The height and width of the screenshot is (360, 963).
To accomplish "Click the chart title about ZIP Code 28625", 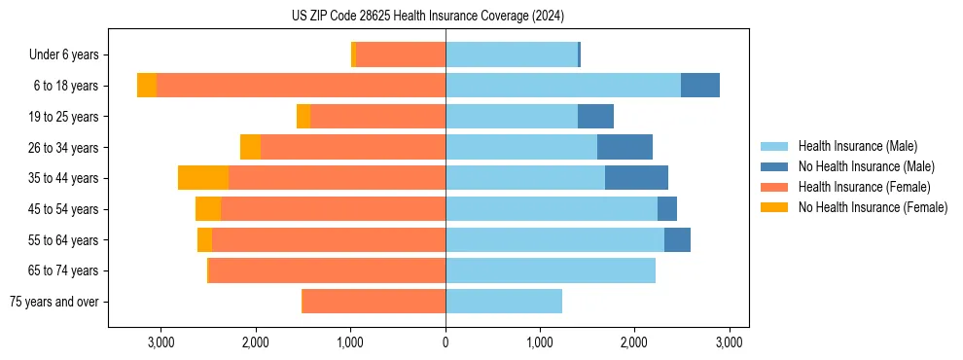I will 427,16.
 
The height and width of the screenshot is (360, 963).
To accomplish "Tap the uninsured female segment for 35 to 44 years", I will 203,178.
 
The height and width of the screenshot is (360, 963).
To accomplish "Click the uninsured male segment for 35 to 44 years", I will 636,178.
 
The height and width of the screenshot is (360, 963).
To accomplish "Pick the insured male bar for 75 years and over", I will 504,302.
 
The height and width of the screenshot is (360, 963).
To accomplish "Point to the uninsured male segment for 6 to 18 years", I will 699,86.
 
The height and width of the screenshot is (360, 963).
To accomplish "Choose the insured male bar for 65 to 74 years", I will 551,270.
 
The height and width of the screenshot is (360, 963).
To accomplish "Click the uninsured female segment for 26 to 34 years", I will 250,147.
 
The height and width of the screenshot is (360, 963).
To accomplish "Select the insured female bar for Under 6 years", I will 401,55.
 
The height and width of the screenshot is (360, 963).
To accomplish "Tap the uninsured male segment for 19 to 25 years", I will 595,117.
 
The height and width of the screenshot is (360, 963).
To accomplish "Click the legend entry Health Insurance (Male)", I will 857,146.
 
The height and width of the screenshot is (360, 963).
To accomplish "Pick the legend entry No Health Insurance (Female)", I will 873,207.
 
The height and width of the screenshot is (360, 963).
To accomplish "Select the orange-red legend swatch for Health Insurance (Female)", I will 775,187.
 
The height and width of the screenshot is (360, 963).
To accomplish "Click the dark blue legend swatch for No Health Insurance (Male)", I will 775,166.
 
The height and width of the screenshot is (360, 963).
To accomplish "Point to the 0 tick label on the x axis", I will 446,342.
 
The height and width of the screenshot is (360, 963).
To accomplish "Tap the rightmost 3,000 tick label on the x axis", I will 730,342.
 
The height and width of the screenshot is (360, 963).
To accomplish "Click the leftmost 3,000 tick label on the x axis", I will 160,342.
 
